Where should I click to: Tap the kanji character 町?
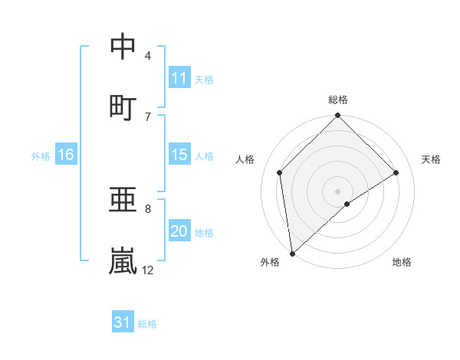pos(123,106)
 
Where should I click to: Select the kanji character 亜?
pos(123,201)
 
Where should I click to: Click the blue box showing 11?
pos(179,78)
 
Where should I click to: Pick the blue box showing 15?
pos(179,155)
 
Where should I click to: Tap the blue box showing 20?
pos(179,231)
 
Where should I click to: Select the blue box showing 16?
pos(66,155)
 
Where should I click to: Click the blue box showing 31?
pos(123,322)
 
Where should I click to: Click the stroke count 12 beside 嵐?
pos(147,270)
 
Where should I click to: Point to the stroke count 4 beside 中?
pos(148,55)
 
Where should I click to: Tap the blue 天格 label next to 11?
pos(203,79)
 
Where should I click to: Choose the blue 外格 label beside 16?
pos(41,155)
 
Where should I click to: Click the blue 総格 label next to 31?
pos(147,323)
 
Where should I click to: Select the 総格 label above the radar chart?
pos(338,100)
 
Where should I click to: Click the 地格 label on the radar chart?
pos(402,262)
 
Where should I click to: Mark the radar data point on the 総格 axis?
pos(338,116)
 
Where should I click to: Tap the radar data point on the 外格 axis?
pos(292,254)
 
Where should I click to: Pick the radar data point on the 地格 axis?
pos(347,204)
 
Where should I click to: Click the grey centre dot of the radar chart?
pos(338,191)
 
